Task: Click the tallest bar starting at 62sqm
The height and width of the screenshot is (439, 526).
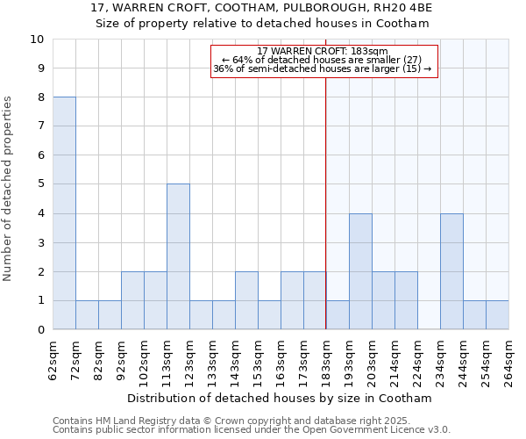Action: (x=64, y=213)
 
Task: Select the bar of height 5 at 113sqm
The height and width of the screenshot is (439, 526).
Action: (x=178, y=256)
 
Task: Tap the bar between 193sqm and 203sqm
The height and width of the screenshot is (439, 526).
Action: (x=360, y=271)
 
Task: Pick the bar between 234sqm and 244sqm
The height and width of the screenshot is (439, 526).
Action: (x=451, y=271)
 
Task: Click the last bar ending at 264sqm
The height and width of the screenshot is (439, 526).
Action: (x=497, y=315)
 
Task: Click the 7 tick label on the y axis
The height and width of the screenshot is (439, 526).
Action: (x=40, y=126)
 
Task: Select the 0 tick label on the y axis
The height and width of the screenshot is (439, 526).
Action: (x=40, y=330)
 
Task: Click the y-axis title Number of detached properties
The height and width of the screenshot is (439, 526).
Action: (x=9, y=185)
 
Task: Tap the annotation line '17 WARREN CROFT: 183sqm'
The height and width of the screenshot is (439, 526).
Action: (x=323, y=51)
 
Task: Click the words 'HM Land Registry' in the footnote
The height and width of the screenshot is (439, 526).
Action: (x=123, y=421)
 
